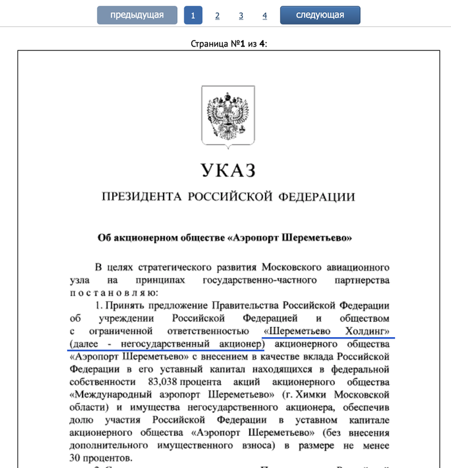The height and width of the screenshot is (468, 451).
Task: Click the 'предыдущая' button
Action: coord(137,15)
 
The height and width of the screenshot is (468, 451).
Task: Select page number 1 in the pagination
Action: coord(193,15)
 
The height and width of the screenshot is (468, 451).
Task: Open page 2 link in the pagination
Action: coord(218,15)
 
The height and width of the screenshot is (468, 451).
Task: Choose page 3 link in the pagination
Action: coord(241,15)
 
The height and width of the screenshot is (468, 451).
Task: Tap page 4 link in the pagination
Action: coord(265,15)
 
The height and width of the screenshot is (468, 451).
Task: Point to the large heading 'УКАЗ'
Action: coord(228,171)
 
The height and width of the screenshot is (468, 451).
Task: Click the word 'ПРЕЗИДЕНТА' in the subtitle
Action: coord(140,197)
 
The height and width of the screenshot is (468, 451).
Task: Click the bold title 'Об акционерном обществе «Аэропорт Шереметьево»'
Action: coord(225,237)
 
